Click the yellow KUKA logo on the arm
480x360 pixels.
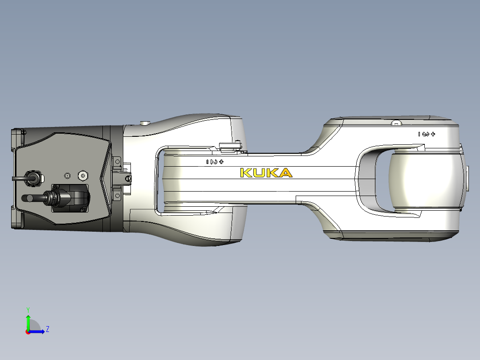[266, 173]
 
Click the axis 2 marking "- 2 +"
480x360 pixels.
[215, 162]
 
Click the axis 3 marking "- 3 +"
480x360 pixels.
[426, 134]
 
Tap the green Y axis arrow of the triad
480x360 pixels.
[28, 319]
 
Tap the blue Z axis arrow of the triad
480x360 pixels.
[38, 331]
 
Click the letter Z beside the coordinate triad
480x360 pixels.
[47, 329]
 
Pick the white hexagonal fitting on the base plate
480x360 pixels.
[82, 176]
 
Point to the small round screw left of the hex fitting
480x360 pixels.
[67, 176]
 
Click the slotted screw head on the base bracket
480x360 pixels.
[129, 178]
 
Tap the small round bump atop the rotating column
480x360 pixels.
[144, 123]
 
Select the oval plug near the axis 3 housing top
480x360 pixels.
[396, 123]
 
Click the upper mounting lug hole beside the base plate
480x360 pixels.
[118, 161]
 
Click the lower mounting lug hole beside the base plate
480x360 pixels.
[118, 194]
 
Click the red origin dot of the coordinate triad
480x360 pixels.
[28, 331]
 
